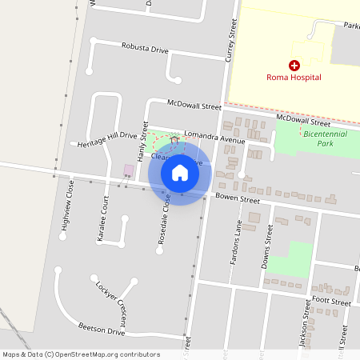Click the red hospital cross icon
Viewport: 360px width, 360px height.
294,65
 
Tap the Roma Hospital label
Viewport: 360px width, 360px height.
294,78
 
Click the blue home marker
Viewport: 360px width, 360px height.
180,172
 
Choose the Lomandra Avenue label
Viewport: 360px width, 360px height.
214,138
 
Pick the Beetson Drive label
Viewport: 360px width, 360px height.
102,330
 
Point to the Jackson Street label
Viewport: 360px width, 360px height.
305,328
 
